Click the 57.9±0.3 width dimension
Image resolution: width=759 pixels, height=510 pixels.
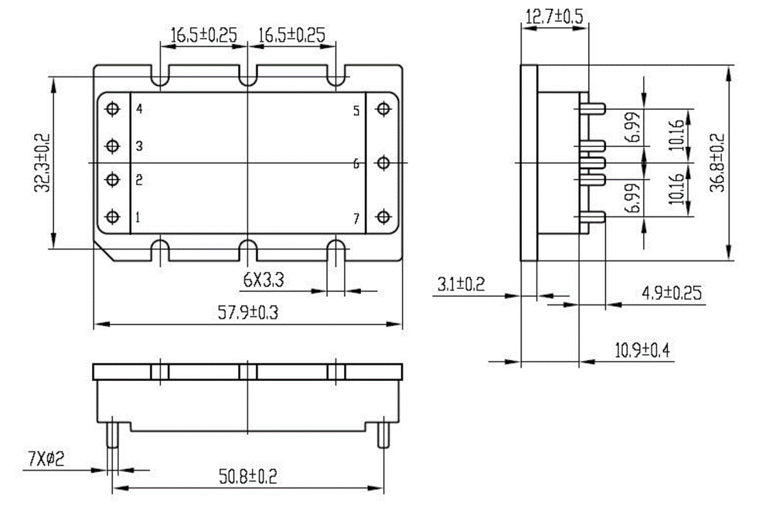click(248, 312)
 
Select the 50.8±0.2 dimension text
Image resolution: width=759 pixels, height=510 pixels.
click(248, 476)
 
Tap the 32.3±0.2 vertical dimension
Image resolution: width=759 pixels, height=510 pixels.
click(42, 163)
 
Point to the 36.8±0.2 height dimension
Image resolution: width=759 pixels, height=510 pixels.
click(717, 162)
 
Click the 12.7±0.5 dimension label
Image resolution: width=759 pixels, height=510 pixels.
click(555, 15)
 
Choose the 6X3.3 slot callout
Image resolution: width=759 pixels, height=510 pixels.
click(264, 280)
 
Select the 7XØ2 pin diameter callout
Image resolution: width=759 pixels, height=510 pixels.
click(46, 458)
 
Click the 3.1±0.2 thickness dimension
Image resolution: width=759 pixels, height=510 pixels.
click(461, 284)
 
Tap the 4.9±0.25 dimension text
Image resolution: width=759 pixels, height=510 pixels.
click(672, 293)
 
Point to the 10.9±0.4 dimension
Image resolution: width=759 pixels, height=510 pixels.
click(642, 350)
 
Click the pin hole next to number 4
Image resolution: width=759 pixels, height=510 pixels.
click(112, 109)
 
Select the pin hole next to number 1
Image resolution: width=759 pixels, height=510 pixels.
click(112, 216)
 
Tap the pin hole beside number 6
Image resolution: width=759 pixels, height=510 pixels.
click(383, 163)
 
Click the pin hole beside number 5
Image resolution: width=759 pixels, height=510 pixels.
click(383, 109)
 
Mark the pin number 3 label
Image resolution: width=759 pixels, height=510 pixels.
click(139, 145)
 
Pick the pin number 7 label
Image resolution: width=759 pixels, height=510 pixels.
click(356, 219)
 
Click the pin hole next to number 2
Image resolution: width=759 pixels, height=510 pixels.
click(112, 179)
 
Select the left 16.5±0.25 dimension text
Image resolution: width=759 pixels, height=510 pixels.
click(204, 35)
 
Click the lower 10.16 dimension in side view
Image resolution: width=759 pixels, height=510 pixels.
click(677, 189)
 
